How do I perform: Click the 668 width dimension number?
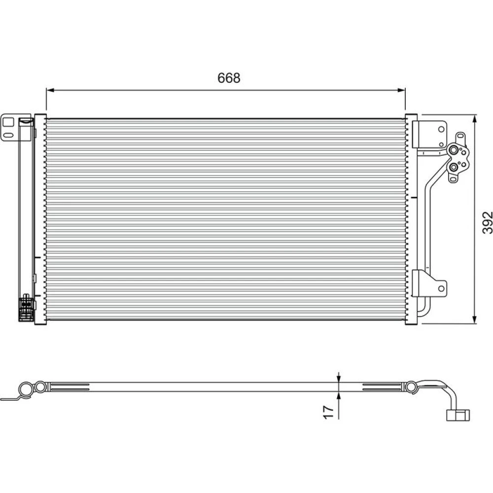click(x=229, y=78)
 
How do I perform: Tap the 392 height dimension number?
click(x=487, y=222)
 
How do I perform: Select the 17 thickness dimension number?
click(x=328, y=412)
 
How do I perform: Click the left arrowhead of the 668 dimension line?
click(x=50, y=90)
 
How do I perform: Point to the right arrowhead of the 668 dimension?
click(x=401, y=90)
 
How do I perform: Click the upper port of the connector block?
click(x=453, y=150)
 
